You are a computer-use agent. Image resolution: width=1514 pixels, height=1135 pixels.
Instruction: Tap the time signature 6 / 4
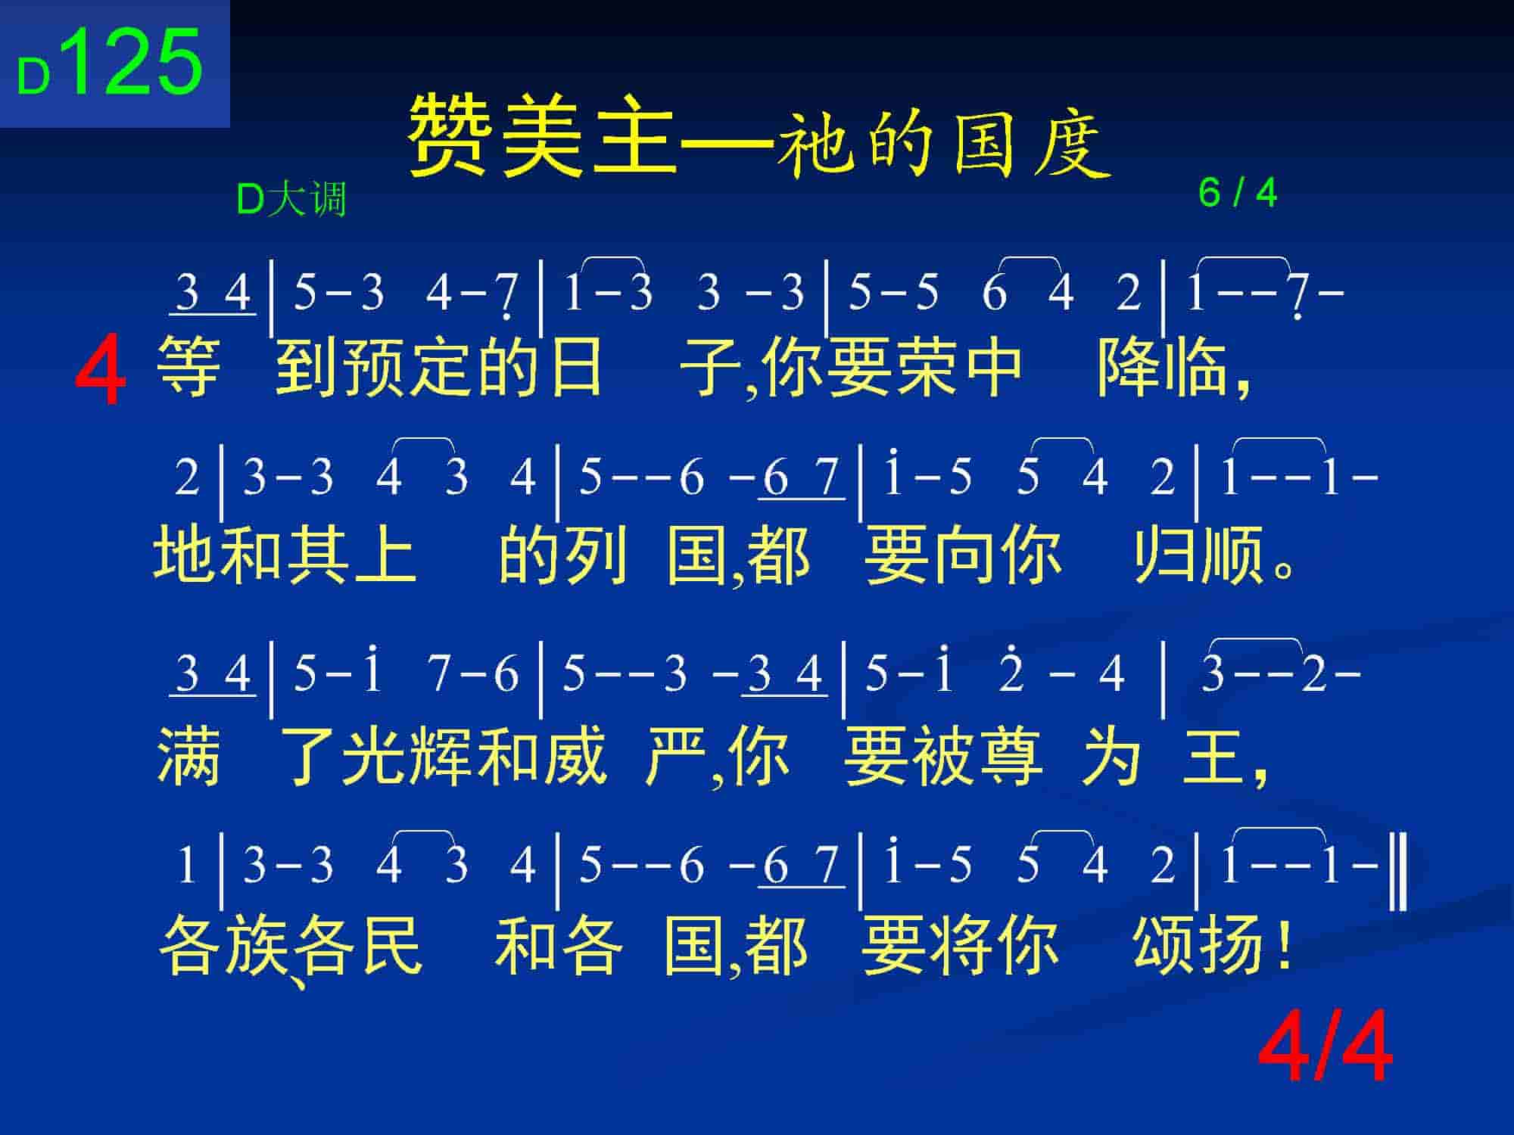(1238, 193)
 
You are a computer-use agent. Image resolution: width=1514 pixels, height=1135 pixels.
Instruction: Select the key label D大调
(291, 200)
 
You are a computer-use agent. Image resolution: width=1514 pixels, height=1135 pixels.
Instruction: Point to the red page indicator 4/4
(1325, 1048)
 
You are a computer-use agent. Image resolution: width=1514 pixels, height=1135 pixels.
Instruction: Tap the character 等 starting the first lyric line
(188, 368)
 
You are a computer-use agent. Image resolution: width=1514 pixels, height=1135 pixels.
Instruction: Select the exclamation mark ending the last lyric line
(1282, 944)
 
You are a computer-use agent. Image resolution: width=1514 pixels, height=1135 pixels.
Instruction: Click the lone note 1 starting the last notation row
(185, 865)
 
